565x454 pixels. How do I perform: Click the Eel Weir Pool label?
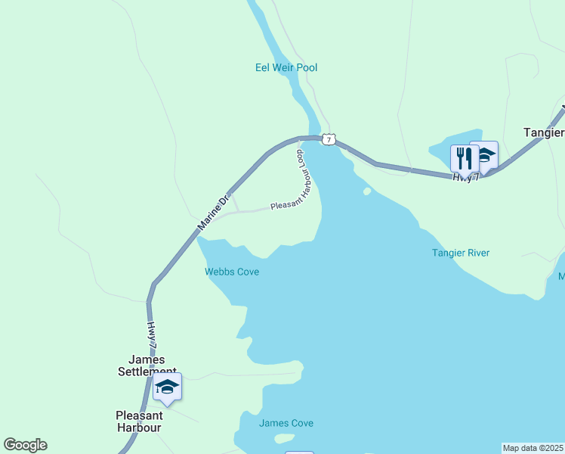(286, 68)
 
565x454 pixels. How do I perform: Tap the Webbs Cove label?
(232, 272)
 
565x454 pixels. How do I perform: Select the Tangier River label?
(461, 253)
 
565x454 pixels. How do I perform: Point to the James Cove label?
(286, 424)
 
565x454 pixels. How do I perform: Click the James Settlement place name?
(147, 365)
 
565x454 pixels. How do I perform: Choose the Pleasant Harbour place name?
(139, 421)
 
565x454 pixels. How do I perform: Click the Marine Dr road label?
(212, 214)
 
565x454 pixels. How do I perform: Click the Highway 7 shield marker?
(328, 139)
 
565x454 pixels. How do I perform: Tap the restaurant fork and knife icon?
(464, 158)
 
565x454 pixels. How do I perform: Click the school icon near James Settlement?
(167, 387)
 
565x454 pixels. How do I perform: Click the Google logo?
(25, 445)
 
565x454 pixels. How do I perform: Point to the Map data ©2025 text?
(533, 448)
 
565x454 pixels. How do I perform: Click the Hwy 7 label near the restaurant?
(465, 177)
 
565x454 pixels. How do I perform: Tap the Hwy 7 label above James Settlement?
(152, 334)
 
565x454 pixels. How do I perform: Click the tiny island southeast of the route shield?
(367, 191)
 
